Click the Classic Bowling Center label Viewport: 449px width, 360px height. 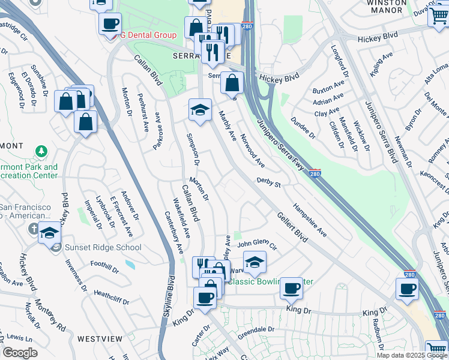tap(271, 281)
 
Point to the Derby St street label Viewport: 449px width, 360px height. tap(269, 182)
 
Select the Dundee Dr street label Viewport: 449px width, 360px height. tap(303, 126)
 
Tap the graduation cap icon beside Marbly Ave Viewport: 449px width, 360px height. tap(200, 110)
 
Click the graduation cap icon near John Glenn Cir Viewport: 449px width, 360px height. tap(255, 262)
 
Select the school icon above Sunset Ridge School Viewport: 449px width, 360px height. tap(49, 233)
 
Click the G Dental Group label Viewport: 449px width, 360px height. tap(148, 35)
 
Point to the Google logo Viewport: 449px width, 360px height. tap(20, 353)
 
